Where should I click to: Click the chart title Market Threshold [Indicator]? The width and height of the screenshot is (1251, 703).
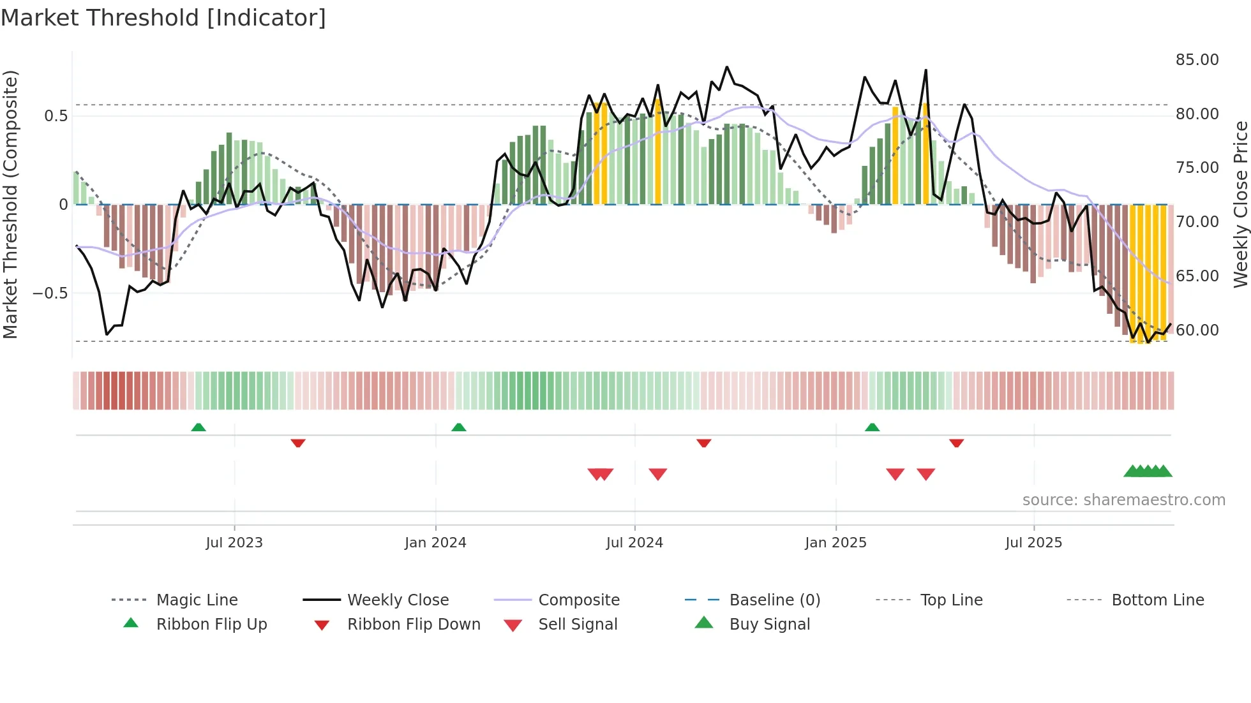[x=163, y=18]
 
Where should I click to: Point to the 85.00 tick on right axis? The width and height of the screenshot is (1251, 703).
[x=1197, y=60]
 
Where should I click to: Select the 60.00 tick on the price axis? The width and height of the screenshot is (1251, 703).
[x=1197, y=330]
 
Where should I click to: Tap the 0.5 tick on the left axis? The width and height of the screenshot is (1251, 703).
[x=56, y=116]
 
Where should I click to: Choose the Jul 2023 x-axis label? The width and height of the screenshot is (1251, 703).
[x=234, y=543]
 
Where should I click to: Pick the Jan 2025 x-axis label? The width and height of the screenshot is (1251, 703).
[x=835, y=543]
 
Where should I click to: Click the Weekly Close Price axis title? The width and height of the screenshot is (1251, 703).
[x=1240, y=204]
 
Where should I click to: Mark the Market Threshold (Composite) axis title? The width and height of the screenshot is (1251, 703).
[x=10, y=204]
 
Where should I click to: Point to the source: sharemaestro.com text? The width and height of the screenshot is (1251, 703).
[x=1123, y=500]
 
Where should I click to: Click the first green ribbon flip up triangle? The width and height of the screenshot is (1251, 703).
[x=199, y=427]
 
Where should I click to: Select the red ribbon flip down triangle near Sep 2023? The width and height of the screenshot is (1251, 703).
[x=298, y=443]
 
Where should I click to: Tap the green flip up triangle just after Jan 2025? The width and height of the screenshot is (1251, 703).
[x=872, y=427]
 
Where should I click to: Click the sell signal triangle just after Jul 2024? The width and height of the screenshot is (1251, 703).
[x=657, y=474]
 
